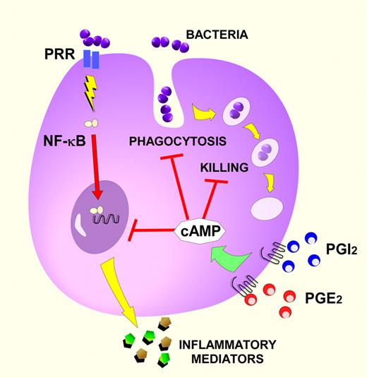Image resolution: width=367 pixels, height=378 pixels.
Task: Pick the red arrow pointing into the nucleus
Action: point(112,162)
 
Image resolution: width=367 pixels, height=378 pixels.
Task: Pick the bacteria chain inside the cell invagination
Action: point(167,103)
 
